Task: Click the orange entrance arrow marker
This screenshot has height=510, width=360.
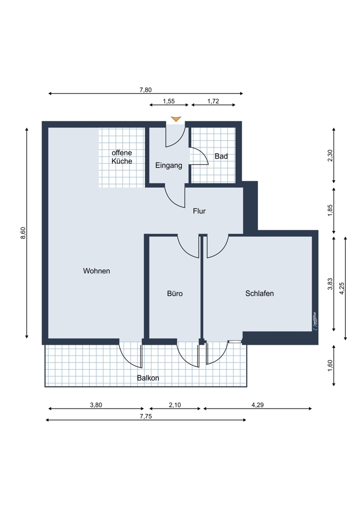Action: tap(176, 119)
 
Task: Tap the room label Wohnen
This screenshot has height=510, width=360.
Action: tap(96, 271)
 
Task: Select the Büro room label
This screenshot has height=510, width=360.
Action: tap(174, 294)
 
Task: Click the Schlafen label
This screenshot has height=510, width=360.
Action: tap(260, 293)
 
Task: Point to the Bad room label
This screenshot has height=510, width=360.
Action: tap(221, 156)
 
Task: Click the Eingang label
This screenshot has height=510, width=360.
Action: tap(168, 165)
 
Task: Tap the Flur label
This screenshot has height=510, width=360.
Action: tap(199, 211)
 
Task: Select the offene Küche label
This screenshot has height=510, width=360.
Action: tap(122, 157)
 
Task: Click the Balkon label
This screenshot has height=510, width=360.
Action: tap(148, 378)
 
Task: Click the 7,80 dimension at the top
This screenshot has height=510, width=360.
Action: tap(145, 90)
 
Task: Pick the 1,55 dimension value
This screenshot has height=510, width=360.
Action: tap(169, 101)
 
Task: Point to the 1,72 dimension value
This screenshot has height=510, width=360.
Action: tap(213, 101)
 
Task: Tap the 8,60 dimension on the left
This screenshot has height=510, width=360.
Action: tap(22, 233)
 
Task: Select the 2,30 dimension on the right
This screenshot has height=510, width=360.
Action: tap(330, 155)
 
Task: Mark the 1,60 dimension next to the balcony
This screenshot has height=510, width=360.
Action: tap(330, 366)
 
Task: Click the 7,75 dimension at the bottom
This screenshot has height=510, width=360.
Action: tap(146, 416)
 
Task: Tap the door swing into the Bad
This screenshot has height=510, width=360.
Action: tap(200, 156)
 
